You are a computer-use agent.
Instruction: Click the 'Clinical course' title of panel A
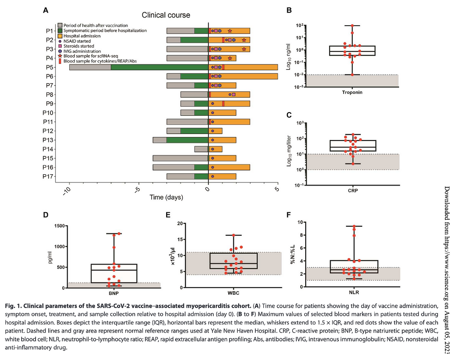(166, 15)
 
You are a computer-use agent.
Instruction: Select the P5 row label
(49, 67)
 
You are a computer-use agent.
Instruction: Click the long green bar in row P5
(159, 67)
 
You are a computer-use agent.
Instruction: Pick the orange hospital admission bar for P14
(215, 149)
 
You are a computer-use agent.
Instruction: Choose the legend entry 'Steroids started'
(79, 46)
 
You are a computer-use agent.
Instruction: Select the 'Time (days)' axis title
(166, 197)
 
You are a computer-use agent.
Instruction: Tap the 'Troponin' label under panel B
(352, 92)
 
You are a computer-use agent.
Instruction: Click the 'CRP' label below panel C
(352, 191)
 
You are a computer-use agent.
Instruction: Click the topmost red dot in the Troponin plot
(352, 26)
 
